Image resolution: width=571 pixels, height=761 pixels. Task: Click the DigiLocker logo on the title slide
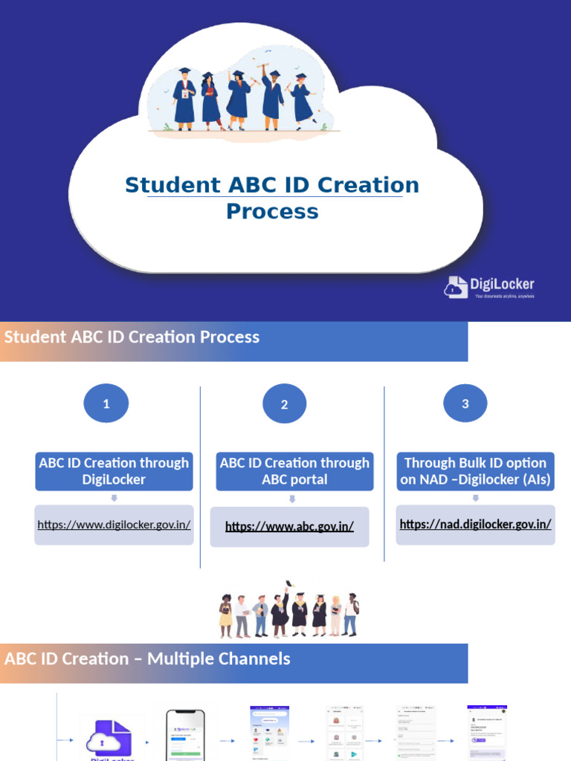[x=489, y=287]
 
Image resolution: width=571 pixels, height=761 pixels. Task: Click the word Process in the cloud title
[x=272, y=211]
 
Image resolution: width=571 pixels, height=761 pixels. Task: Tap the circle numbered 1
[x=106, y=404]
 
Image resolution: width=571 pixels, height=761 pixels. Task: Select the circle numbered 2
[x=284, y=405]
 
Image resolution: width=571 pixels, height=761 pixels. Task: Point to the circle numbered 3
[x=465, y=404]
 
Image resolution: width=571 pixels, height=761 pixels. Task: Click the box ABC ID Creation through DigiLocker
[x=114, y=471]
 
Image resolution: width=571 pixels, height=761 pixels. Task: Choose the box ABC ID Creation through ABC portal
[x=294, y=471]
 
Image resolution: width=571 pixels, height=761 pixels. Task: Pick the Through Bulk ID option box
[x=475, y=471]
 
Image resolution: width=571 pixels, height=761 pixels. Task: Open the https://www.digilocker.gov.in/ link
[x=114, y=525]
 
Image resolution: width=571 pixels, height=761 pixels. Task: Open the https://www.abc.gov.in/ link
[x=289, y=527]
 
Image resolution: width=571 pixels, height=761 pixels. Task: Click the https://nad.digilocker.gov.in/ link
[x=475, y=524]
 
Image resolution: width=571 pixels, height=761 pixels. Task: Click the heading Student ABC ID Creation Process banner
[x=132, y=337]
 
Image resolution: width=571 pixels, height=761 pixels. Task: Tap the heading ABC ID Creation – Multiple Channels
[x=147, y=659]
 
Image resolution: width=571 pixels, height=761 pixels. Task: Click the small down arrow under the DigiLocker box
[x=114, y=499]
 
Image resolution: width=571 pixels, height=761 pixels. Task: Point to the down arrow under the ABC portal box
[x=292, y=499]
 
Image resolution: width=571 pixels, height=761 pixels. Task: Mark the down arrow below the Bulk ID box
[x=475, y=498]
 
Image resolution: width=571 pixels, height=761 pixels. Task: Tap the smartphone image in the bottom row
[x=185, y=736]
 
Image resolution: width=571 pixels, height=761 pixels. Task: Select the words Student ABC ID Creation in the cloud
[x=272, y=185]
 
